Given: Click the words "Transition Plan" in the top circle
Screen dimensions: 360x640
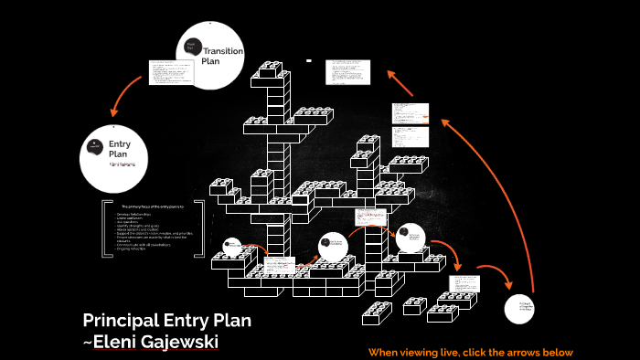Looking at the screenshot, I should click(x=222, y=56).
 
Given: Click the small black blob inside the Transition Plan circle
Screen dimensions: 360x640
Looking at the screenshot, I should click(x=191, y=46).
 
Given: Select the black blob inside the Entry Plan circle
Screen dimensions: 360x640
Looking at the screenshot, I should click(x=95, y=146).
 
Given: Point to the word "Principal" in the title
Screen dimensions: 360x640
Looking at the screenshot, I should click(x=120, y=321).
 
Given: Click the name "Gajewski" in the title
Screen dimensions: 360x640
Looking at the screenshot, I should click(x=179, y=342).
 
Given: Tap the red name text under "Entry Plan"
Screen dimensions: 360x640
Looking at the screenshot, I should click(x=122, y=165).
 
